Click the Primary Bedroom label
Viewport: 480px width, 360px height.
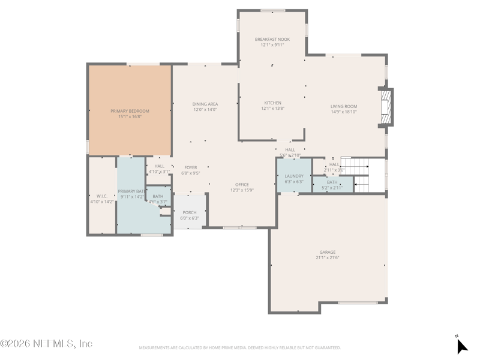(130, 111)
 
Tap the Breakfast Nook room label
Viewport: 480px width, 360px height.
(272, 40)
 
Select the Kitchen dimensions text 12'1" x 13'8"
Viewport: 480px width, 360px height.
(272, 109)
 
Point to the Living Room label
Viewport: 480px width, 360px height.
(344, 107)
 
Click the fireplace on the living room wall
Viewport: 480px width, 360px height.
(387, 107)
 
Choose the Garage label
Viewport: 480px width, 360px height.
(328, 252)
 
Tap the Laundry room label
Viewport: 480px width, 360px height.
(294, 176)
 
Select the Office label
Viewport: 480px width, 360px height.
(242, 185)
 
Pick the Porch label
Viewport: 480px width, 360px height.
(190, 213)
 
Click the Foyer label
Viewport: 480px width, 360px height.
(190, 168)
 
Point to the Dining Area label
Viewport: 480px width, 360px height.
(205, 104)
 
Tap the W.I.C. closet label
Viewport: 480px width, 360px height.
(101, 196)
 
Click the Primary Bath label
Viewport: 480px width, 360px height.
(131, 191)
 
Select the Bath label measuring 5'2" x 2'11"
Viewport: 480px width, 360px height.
(332, 182)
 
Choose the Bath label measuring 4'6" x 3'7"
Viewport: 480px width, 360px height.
(158, 196)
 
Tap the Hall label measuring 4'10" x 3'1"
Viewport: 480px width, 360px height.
(159, 166)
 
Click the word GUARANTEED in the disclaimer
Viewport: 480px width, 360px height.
(325, 347)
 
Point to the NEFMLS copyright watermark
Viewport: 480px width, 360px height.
(47, 343)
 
